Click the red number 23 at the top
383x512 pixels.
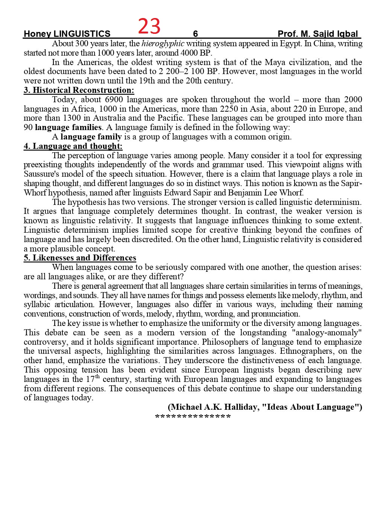pos(149,27)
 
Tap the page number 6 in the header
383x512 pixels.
pos(195,34)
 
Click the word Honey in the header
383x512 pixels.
pos(37,34)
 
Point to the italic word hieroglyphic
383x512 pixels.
pos(163,44)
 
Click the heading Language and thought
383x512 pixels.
pos(73,146)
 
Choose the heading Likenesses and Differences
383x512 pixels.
pos(80,258)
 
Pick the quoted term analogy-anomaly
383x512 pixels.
pos(327,333)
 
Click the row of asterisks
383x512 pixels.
pos(193,417)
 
